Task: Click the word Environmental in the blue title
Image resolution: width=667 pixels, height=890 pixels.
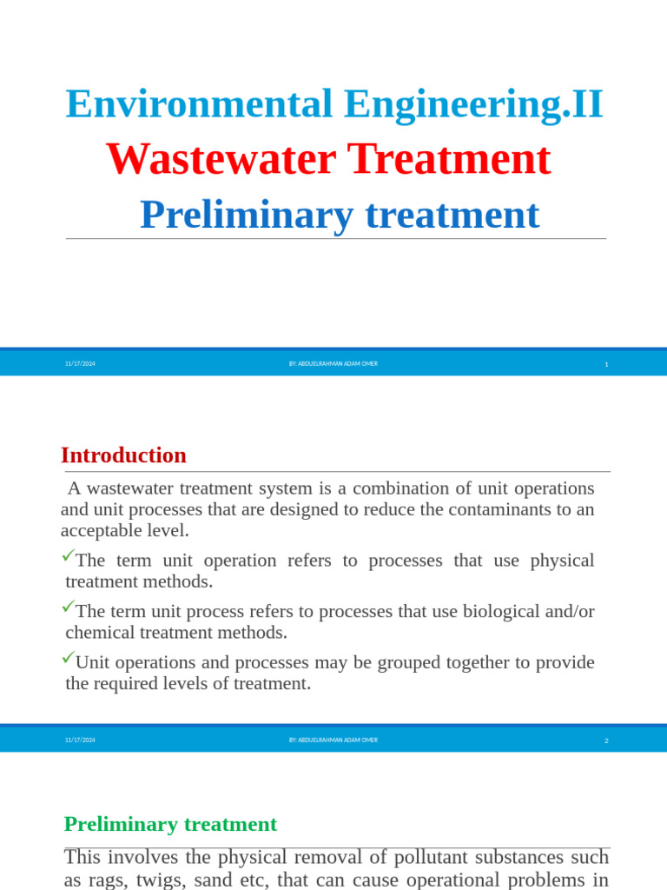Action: [199, 104]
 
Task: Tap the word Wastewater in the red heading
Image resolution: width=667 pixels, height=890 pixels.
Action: [221, 160]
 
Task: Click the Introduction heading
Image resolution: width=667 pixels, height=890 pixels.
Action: [123, 455]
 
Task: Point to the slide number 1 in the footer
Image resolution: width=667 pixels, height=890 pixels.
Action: [606, 364]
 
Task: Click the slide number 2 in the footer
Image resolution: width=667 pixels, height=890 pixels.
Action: [606, 741]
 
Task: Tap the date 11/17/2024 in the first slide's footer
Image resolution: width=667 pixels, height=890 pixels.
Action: [80, 364]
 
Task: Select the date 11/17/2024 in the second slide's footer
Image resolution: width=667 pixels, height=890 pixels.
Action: [80, 741]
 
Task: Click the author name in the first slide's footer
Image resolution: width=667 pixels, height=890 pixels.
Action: [333, 364]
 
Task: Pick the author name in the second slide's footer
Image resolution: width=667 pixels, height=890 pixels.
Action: [333, 741]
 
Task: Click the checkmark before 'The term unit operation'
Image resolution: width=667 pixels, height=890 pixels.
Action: [68, 555]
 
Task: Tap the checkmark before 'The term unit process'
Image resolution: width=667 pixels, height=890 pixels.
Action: [68, 607]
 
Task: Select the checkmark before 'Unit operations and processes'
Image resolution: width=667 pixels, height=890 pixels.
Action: [68, 658]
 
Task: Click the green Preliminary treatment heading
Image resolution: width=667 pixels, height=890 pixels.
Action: [170, 824]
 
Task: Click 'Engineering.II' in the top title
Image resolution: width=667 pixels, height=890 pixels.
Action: [472, 104]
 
